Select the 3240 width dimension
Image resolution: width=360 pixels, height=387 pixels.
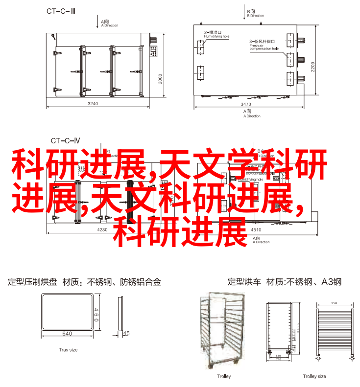93,104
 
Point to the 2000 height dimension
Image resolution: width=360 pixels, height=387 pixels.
160,79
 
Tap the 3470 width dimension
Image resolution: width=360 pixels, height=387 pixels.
246,104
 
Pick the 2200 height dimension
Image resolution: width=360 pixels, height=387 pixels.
312,67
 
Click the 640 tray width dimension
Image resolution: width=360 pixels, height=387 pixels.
67,334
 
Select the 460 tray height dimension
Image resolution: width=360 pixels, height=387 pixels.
96,313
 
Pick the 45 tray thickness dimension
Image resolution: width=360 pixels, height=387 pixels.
126,333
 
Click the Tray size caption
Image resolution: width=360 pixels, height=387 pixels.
68,350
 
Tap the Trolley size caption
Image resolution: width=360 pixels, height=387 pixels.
314,376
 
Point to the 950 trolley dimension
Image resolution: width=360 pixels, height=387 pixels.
335,303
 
